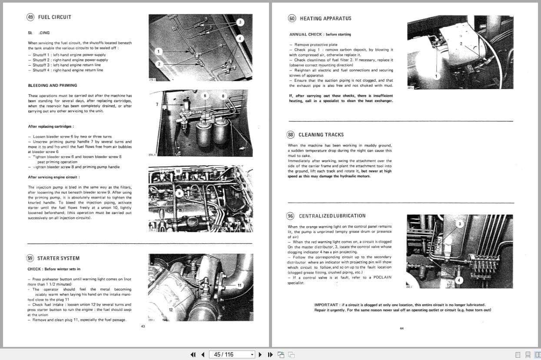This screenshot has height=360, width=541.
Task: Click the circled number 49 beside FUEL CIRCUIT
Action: point(30,17)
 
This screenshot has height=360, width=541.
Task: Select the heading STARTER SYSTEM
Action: point(58,258)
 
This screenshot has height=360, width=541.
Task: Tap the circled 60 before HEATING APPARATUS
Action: point(292,18)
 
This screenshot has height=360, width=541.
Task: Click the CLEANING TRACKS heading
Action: point(321,135)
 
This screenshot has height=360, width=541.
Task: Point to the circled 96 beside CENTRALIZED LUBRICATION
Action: point(290,216)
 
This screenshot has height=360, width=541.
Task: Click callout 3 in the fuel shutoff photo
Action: point(239,22)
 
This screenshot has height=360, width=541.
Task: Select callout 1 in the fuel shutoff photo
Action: point(159,52)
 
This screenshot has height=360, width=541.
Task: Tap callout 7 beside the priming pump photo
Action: point(157,104)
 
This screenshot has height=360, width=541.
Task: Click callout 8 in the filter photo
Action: point(223,96)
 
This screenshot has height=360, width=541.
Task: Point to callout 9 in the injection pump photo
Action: point(179,193)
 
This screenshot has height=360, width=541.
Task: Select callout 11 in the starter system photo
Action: point(239,285)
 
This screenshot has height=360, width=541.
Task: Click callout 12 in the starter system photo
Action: point(171,310)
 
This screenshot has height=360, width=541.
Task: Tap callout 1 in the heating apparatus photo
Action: point(436,77)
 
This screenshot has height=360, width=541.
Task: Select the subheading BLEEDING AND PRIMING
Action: point(53,86)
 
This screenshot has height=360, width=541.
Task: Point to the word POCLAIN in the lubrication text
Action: point(382,277)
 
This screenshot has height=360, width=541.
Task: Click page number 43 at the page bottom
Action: point(143,327)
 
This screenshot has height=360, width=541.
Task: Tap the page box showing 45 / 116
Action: point(231,354)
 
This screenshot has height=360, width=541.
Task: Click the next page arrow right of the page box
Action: point(260,354)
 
